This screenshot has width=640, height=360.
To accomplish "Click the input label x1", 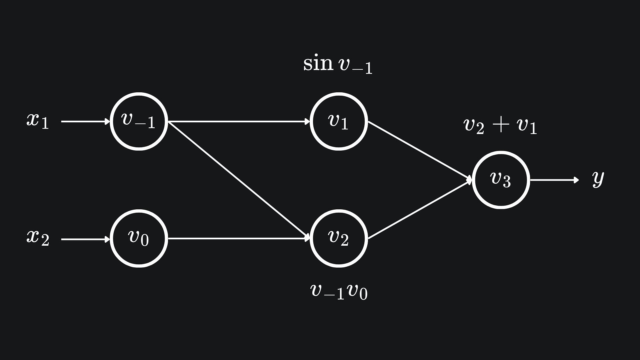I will click(x=38, y=120).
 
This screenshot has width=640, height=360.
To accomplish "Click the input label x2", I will click(x=38, y=238).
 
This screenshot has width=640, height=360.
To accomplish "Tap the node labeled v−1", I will click(x=139, y=121).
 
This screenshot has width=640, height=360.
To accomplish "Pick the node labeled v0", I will click(x=139, y=238).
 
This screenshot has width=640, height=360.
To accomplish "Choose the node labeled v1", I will click(x=339, y=121).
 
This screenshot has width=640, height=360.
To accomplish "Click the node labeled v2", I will click(x=339, y=238).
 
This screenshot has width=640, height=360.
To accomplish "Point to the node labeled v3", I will click(x=501, y=180).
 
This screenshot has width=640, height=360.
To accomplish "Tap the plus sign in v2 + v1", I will click(x=501, y=125).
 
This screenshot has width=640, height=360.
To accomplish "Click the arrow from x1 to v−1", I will click(x=85, y=122).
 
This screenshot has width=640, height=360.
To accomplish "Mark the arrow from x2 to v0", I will click(x=85, y=239).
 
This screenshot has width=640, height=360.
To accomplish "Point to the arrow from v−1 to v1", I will click(x=239, y=122).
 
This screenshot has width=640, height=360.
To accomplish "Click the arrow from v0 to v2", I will click(x=239, y=238).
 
